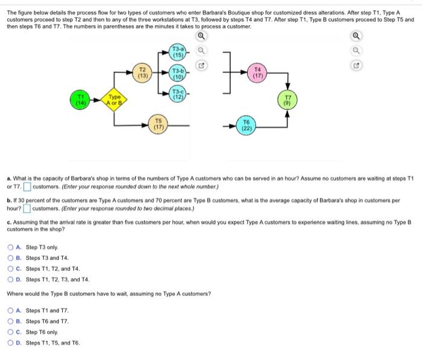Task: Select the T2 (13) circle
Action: (143, 73)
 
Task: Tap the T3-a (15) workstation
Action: (178, 52)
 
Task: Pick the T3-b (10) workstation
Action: (178, 74)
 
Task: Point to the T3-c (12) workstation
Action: (178, 94)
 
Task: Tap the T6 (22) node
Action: (248, 125)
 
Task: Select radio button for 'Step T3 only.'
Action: (11, 247)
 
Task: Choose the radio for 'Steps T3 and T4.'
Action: (11, 257)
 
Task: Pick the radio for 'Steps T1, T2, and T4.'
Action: (11, 268)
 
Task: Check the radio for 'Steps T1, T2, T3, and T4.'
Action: (11, 279)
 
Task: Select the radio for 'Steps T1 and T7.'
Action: (11, 311)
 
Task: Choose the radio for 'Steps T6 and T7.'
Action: (11, 321)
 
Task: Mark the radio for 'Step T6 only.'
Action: (11, 332)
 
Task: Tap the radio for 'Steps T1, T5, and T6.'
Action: (11, 343)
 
